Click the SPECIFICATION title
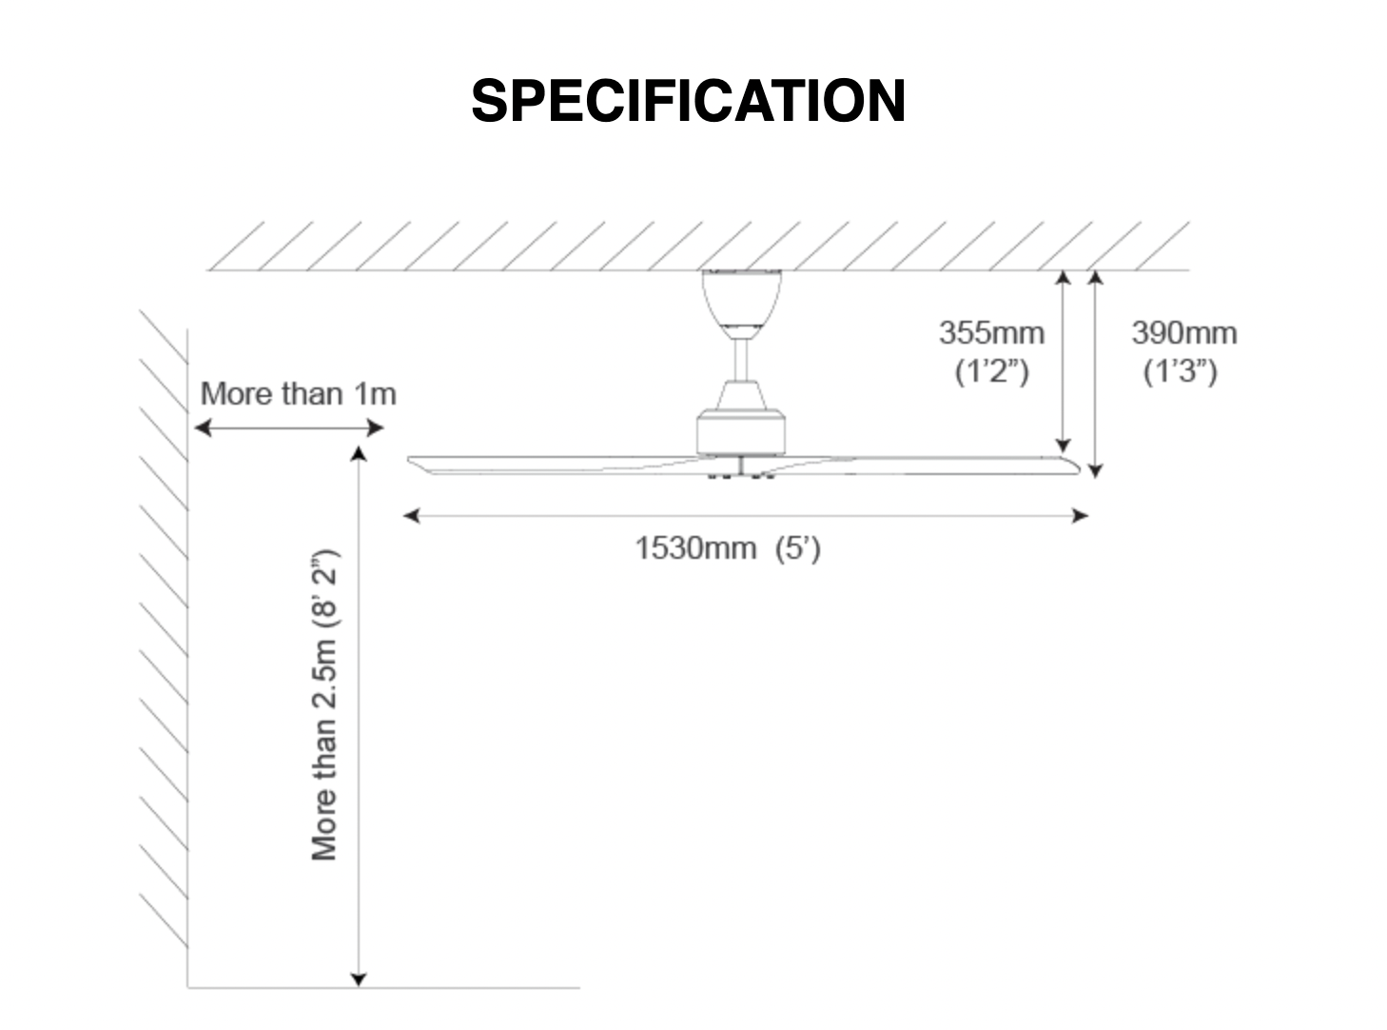tap(688, 101)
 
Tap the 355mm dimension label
tap(991, 333)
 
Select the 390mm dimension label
tap(1183, 333)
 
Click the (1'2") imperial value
tap(992, 371)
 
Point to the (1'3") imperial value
tap(1181, 371)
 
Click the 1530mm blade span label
tap(695, 548)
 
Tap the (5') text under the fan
tap(797, 549)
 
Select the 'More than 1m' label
tap(299, 394)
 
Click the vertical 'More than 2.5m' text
tap(324, 704)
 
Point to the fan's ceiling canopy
tap(741, 299)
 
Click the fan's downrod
tap(741, 359)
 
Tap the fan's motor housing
tap(741, 432)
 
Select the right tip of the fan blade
tap(1079, 468)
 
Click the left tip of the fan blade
tap(409, 461)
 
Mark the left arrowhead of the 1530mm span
tap(411, 516)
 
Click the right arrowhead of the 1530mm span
tap(1081, 516)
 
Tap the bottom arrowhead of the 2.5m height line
tap(359, 980)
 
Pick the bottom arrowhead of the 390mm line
tap(1095, 470)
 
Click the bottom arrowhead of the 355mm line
tap(1063, 445)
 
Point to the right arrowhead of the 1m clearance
tap(375, 428)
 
